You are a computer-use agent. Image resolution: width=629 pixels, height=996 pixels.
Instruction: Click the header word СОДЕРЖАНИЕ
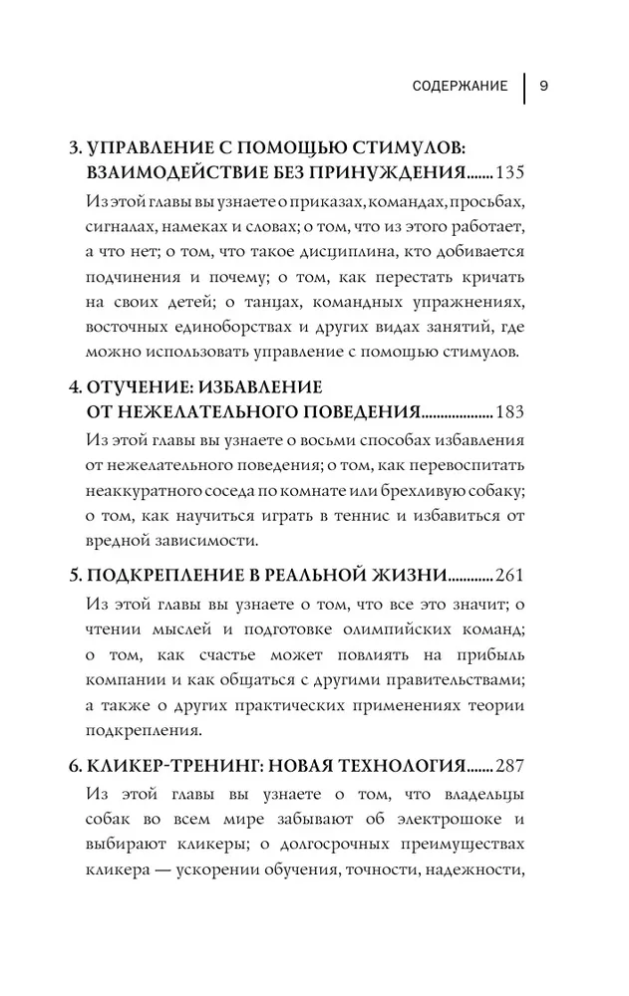pos(460,86)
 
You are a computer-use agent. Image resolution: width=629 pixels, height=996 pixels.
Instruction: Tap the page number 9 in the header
pos(544,86)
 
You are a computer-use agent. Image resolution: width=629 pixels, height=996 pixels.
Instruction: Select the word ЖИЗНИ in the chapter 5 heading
pos(410,576)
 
